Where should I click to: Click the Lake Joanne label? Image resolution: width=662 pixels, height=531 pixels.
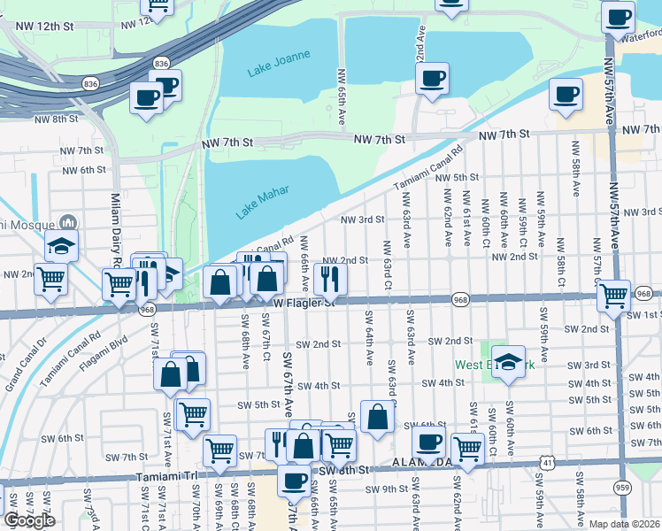click(x=279, y=62)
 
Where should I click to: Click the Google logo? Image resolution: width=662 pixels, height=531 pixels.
click(x=29, y=520)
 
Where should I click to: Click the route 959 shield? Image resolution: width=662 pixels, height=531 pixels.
click(x=624, y=487)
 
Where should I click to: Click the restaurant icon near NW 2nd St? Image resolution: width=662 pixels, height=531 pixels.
click(x=330, y=280)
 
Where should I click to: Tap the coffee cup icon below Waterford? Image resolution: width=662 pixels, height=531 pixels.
click(x=566, y=94)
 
